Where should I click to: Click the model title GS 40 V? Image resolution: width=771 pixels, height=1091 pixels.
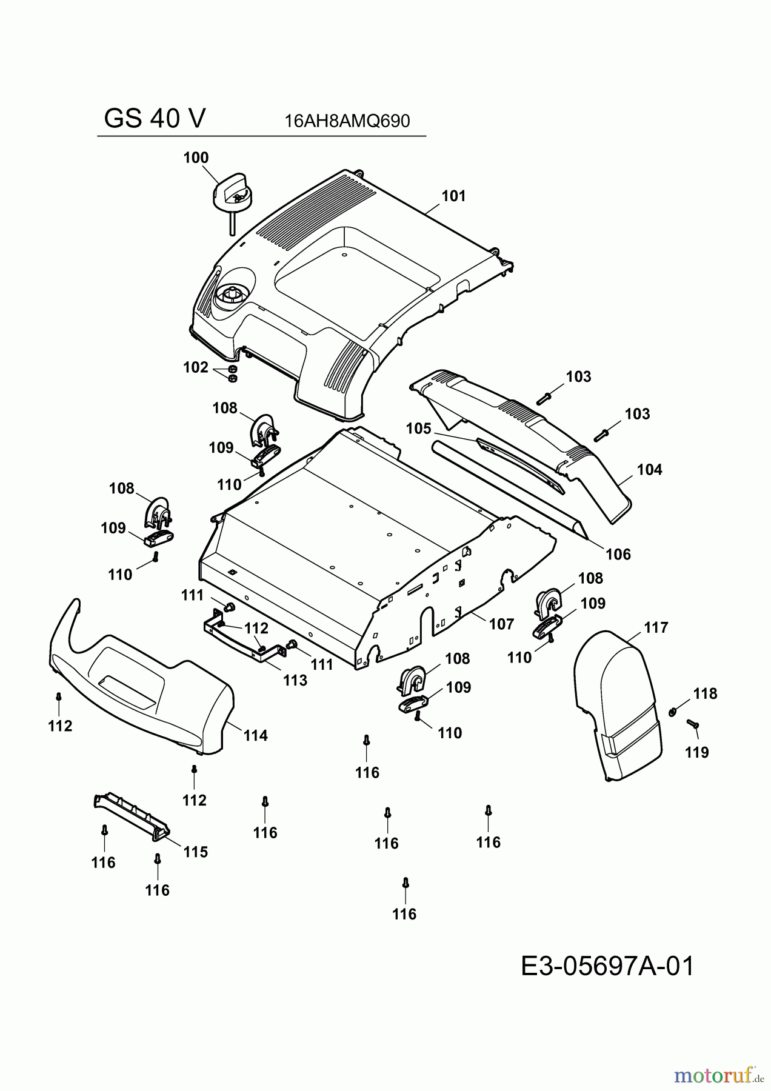pyautogui.click(x=155, y=119)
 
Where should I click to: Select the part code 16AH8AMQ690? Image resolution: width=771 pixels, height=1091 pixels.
pyautogui.click(x=347, y=121)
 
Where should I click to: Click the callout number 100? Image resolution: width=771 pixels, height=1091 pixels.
pyautogui.click(x=196, y=158)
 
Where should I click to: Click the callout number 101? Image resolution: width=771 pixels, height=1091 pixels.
pyautogui.click(x=453, y=196)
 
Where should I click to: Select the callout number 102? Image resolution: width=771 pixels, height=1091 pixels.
pyautogui.click(x=196, y=367)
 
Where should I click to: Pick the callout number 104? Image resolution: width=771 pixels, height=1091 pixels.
pyautogui.click(x=650, y=469)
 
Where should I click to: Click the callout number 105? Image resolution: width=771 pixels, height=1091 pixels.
pyautogui.click(x=418, y=429)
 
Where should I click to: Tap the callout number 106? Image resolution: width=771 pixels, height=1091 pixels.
pyautogui.click(x=618, y=554)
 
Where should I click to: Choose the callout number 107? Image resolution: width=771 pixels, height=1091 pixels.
pyautogui.click(x=501, y=624)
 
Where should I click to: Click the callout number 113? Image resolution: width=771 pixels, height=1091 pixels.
pyautogui.click(x=295, y=680)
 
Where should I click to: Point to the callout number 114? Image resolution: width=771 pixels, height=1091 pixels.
pyautogui.click(x=255, y=735)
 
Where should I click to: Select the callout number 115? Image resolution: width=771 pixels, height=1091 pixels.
pyautogui.click(x=195, y=852)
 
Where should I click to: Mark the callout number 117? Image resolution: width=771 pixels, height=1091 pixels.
pyautogui.click(x=656, y=627)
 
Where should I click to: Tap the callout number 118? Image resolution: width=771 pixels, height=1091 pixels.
pyautogui.click(x=706, y=693)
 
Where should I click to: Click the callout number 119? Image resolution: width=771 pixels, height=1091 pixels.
pyautogui.click(x=697, y=752)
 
